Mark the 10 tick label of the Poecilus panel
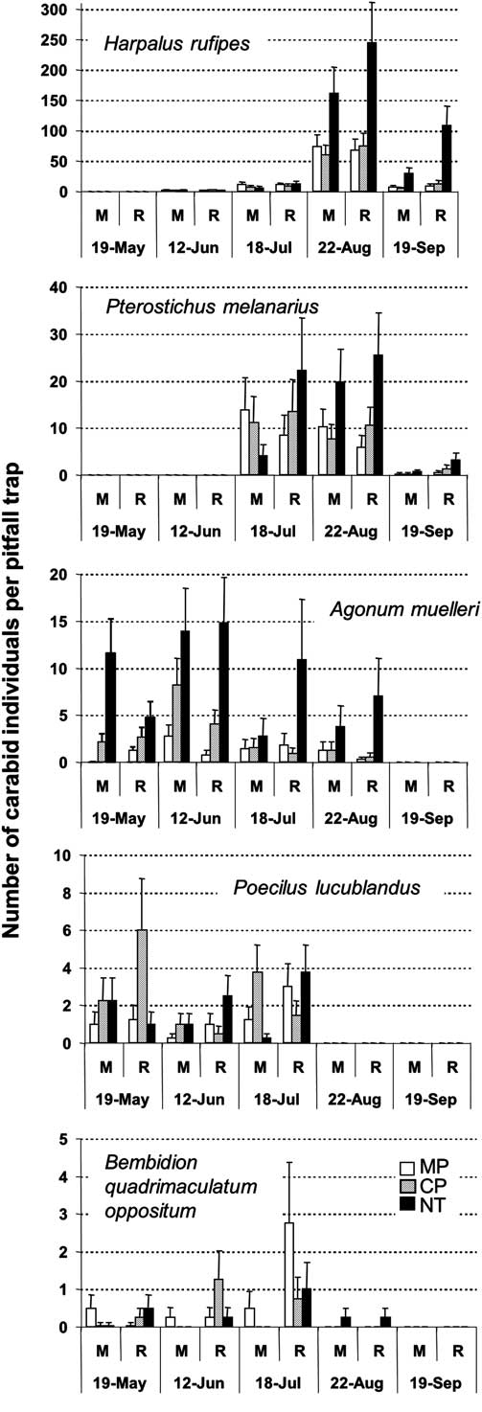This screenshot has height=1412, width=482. point(59,855)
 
